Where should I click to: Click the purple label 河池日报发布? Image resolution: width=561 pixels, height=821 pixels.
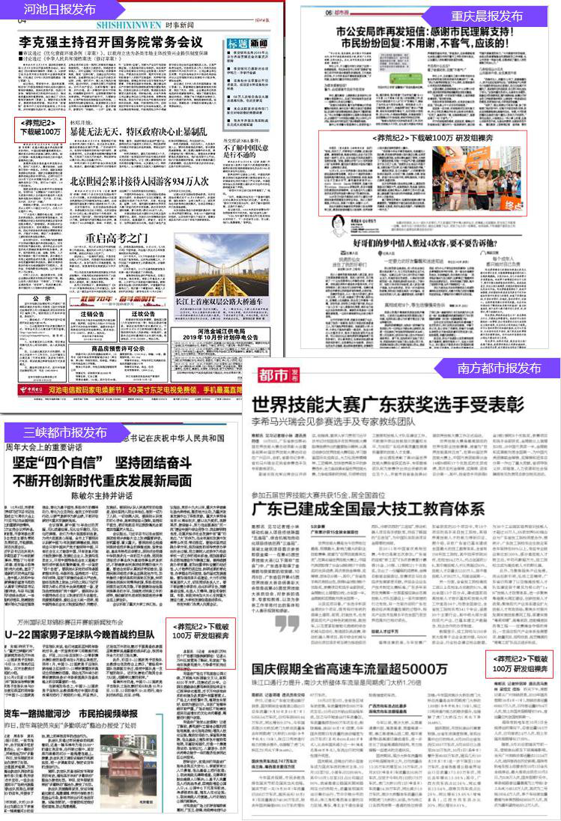(x=60, y=10)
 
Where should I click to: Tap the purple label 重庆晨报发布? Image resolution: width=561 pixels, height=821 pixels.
(x=487, y=16)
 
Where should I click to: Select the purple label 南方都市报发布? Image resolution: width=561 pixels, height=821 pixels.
(x=500, y=368)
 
